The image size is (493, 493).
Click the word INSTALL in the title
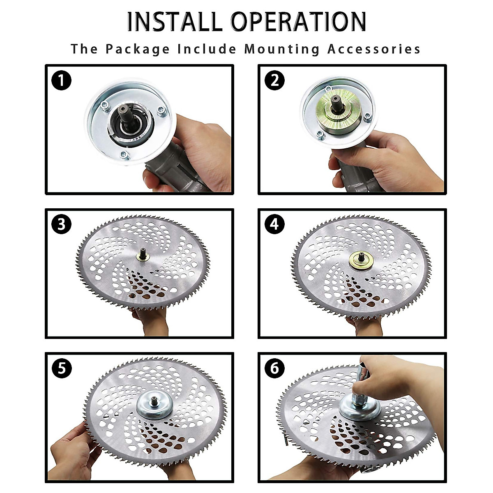coord(175,22)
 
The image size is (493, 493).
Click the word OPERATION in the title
coord(298,22)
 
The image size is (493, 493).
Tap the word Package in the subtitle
coord(138,49)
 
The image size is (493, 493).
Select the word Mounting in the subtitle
coord(282,49)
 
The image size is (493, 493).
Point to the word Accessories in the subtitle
coord(374,49)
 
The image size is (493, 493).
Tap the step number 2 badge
coord(274,81)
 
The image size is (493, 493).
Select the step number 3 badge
coord(61,224)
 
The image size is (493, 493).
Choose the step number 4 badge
coord(274,224)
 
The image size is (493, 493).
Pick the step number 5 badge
coord(61,369)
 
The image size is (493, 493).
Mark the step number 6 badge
coord(274,369)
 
